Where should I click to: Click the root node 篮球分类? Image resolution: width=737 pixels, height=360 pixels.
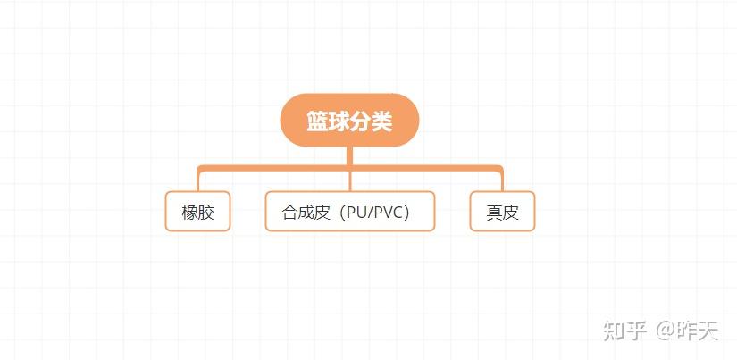tap(349, 121)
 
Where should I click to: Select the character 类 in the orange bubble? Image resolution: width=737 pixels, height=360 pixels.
tap(381, 121)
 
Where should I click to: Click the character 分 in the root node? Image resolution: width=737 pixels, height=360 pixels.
tap(360, 121)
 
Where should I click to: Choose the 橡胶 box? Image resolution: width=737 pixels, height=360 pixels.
tap(197, 212)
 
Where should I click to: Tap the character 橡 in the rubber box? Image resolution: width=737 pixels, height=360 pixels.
tap(189, 213)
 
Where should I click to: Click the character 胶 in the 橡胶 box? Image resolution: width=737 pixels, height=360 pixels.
tap(206, 213)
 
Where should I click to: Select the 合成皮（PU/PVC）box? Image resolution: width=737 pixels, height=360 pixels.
tap(349, 212)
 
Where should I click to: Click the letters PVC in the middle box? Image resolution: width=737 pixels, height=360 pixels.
tap(389, 213)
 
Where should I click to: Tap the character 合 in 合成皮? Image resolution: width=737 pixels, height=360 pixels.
tap(289, 213)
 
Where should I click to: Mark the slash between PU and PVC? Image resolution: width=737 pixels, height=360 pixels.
tap(371, 213)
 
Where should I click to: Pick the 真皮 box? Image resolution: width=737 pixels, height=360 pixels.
tap(502, 212)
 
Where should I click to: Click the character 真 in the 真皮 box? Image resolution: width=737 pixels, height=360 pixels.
tap(494, 213)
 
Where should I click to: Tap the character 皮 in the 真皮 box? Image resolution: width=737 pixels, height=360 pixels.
tap(511, 213)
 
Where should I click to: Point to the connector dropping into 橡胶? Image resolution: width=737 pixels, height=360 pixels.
tap(197, 179)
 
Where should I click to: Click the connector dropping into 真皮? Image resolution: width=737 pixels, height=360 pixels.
tap(502, 179)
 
